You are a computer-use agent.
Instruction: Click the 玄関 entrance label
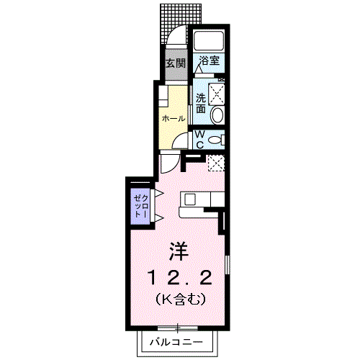point(175,63)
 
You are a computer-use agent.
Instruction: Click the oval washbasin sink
point(217,114)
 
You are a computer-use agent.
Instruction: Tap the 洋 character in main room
point(179,251)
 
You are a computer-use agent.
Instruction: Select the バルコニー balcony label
point(176,341)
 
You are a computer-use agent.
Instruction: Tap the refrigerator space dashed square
point(215,163)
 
